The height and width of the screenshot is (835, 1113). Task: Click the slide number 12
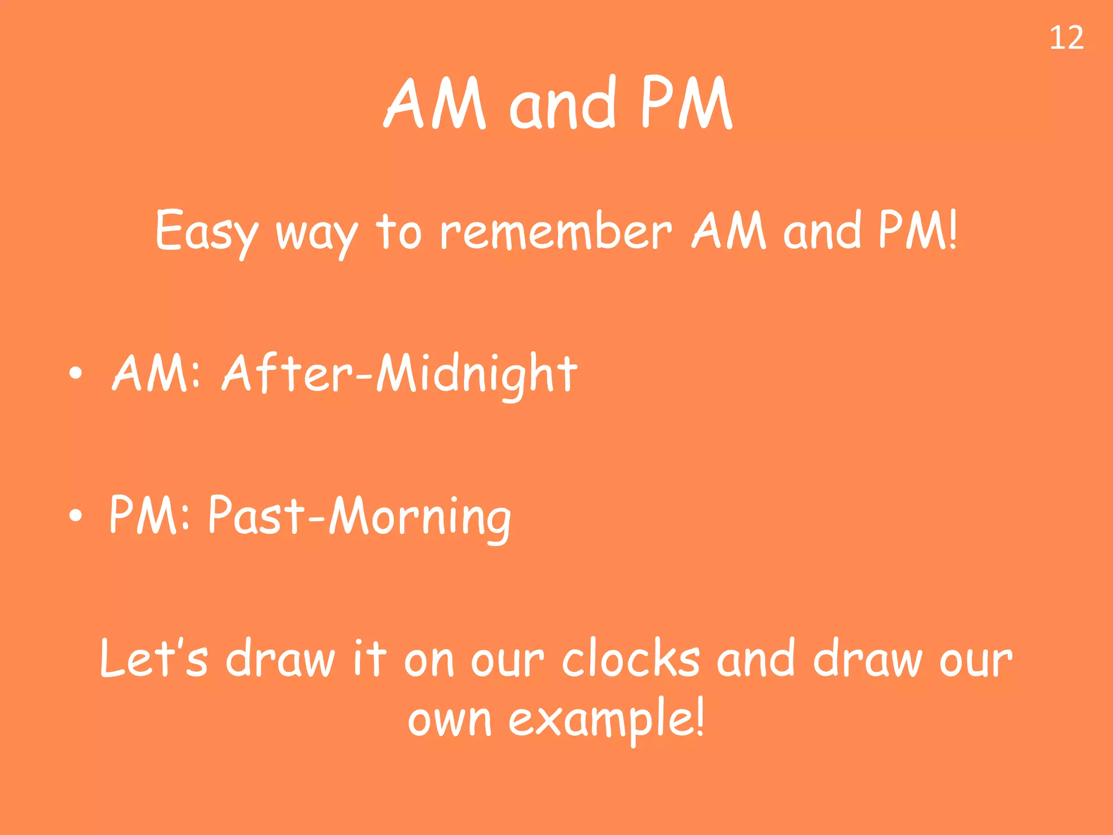tap(1066, 39)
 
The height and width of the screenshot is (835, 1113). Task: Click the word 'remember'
tap(555, 231)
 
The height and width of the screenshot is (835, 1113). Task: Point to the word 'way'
tap(317, 234)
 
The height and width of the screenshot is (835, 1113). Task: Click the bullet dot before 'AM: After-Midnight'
tap(76, 373)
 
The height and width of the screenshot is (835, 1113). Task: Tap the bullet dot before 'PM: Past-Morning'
tap(76, 515)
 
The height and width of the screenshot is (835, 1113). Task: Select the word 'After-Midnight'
tap(400, 374)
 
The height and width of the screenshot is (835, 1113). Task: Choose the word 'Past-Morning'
tap(359, 516)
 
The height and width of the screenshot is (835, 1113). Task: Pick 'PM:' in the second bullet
tap(149, 515)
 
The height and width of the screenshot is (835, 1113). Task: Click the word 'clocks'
tap(631, 659)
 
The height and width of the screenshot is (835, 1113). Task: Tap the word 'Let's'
tap(154, 659)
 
